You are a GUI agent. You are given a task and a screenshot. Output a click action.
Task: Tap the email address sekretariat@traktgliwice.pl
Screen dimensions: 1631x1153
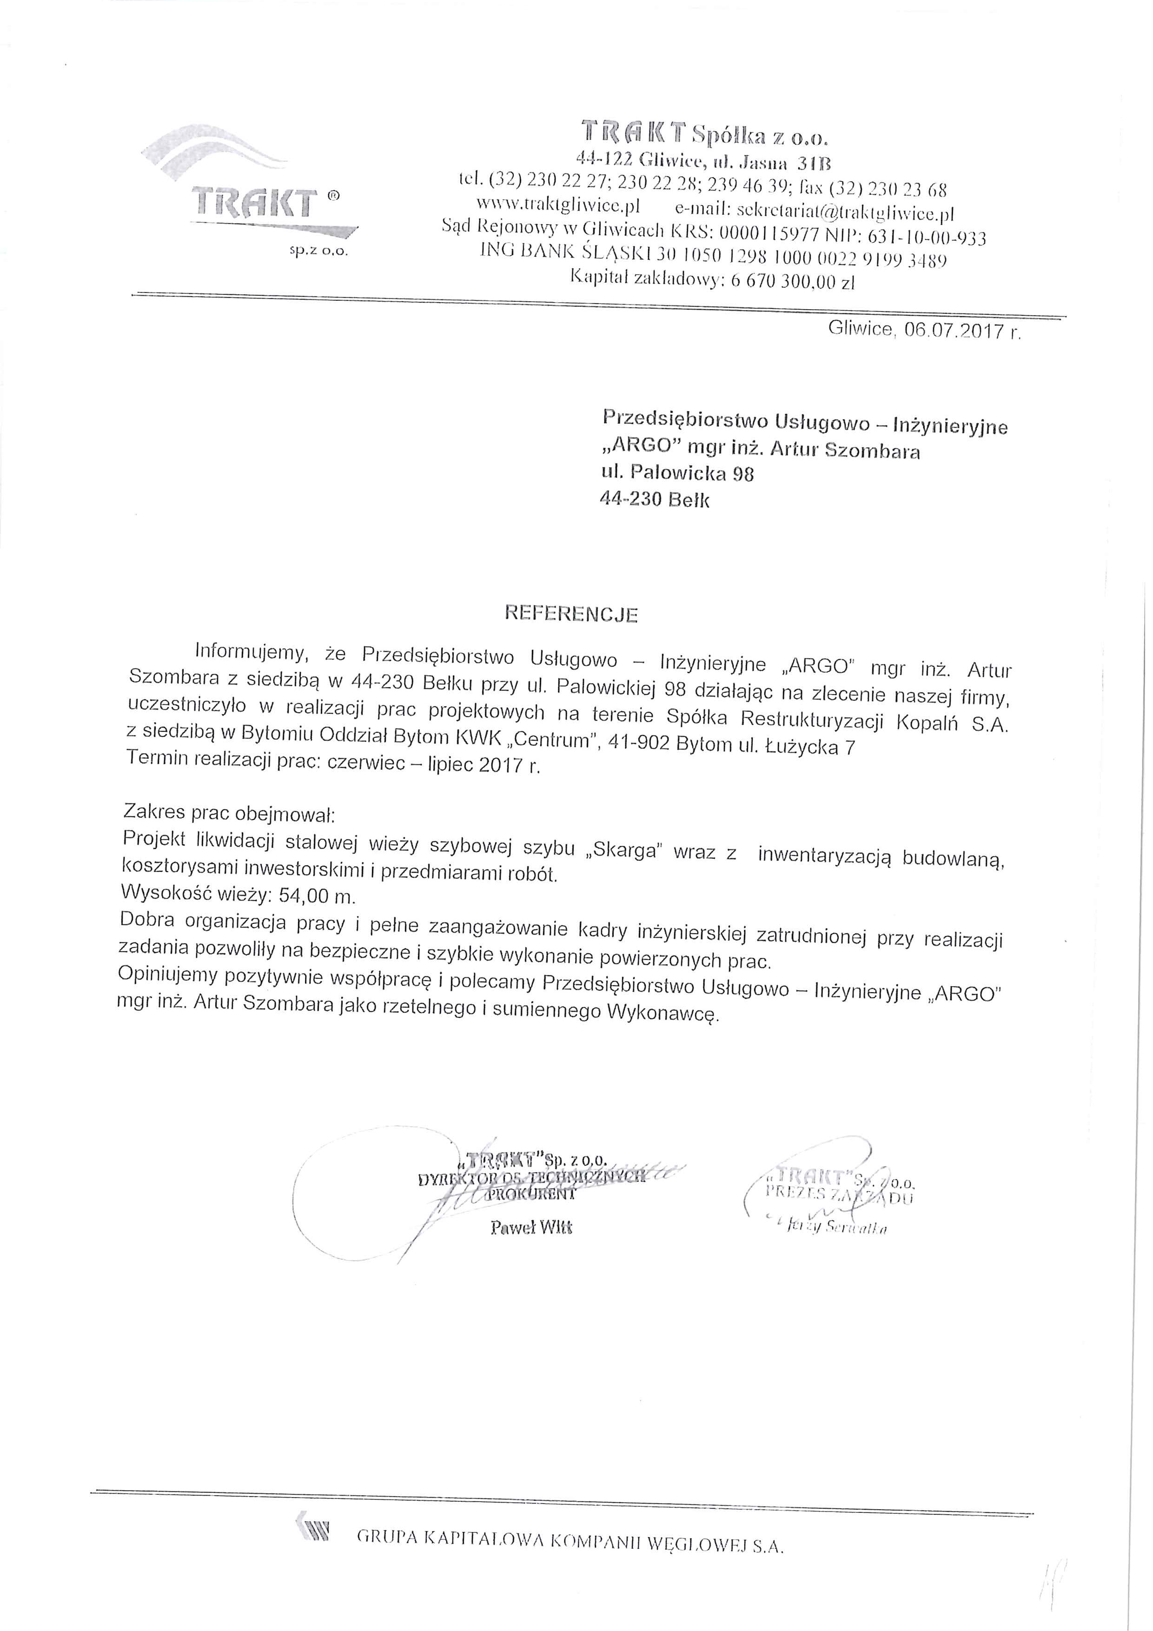point(845,211)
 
